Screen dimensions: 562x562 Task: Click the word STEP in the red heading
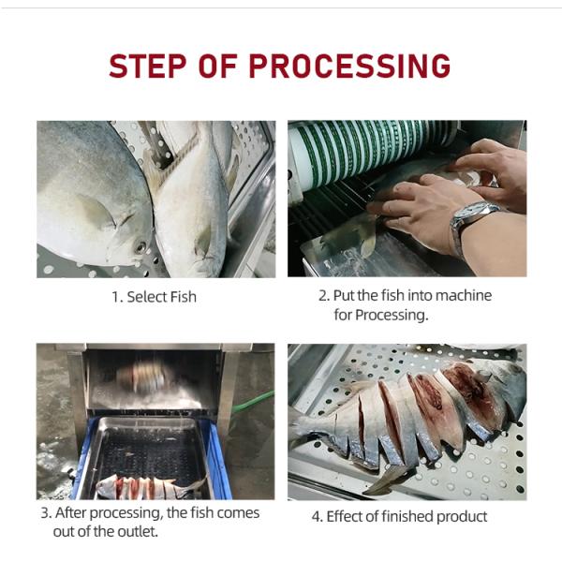point(147,66)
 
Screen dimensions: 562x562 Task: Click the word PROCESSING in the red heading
point(349,66)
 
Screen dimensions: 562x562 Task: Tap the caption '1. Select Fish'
point(155,297)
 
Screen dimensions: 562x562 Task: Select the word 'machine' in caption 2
point(464,295)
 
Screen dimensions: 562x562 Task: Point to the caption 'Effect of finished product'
point(407,516)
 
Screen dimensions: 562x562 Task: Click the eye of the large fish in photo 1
point(140,247)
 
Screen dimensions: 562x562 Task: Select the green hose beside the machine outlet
point(253,403)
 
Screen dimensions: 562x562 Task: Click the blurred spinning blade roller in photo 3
point(143,377)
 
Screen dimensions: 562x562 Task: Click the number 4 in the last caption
point(316,517)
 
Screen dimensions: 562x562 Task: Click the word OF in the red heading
point(218,66)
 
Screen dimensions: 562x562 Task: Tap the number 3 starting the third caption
point(45,513)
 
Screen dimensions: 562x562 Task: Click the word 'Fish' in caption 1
point(184,297)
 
